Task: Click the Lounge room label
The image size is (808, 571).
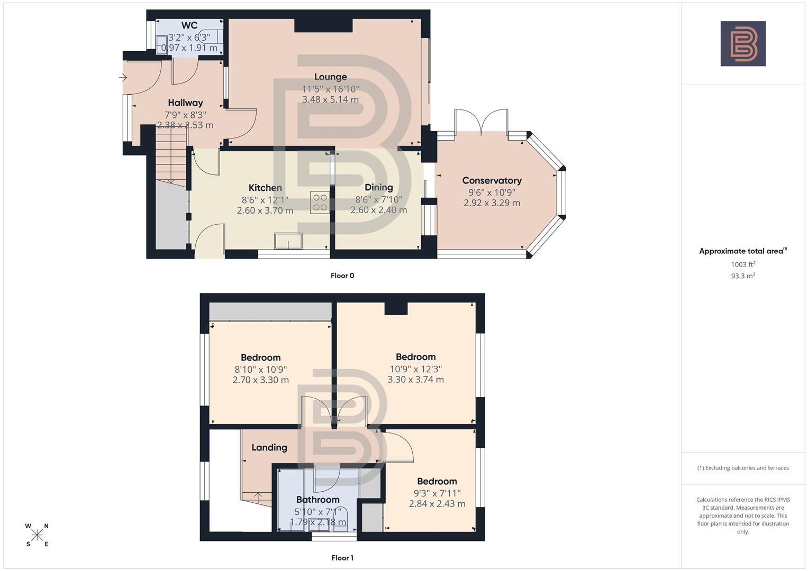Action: click(x=330, y=77)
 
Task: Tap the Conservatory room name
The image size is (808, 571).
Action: click(x=492, y=180)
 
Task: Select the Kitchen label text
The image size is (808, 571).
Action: click(x=265, y=188)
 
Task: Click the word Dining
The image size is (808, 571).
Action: click(x=378, y=187)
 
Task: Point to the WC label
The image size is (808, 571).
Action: click(x=189, y=25)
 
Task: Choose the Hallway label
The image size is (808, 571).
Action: click(x=185, y=103)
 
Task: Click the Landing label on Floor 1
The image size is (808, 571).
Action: click(x=269, y=447)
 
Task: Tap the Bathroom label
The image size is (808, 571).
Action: click(x=317, y=500)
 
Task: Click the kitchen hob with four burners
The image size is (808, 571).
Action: click(x=320, y=202)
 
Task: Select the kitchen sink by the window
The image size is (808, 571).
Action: click(x=288, y=241)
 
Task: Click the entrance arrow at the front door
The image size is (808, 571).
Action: click(x=123, y=78)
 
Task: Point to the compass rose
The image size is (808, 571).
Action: click(x=37, y=535)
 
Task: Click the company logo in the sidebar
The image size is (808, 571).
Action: click(x=743, y=43)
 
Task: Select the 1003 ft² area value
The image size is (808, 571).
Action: click(x=743, y=264)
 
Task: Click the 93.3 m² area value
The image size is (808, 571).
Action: click(x=743, y=275)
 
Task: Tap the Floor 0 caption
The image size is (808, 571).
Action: click(x=342, y=275)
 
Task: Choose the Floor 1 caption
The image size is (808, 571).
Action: click(x=342, y=558)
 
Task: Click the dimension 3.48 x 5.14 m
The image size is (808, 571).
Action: click(x=330, y=99)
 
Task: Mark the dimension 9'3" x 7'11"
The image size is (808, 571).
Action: click(x=437, y=493)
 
